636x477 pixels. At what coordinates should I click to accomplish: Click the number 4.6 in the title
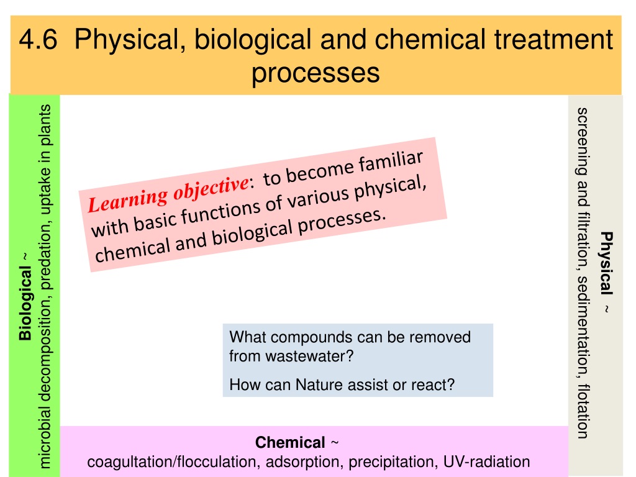tap(38, 39)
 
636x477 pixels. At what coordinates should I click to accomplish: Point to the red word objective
tap(211, 188)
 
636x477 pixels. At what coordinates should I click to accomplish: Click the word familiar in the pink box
tap(390, 163)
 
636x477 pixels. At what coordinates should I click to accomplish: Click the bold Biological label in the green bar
tap(25, 303)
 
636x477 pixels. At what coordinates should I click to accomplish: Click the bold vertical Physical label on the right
tap(606, 263)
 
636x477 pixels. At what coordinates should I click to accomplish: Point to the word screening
tap(583, 141)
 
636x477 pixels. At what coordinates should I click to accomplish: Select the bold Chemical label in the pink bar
tap(290, 442)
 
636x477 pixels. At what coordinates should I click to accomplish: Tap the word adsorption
tap(303, 461)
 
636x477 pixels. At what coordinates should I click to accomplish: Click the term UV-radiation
tap(486, 461)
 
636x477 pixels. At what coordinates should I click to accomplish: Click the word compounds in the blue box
tap(307, 337)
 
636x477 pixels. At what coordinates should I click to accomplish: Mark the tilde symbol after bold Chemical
tap(335, 442)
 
